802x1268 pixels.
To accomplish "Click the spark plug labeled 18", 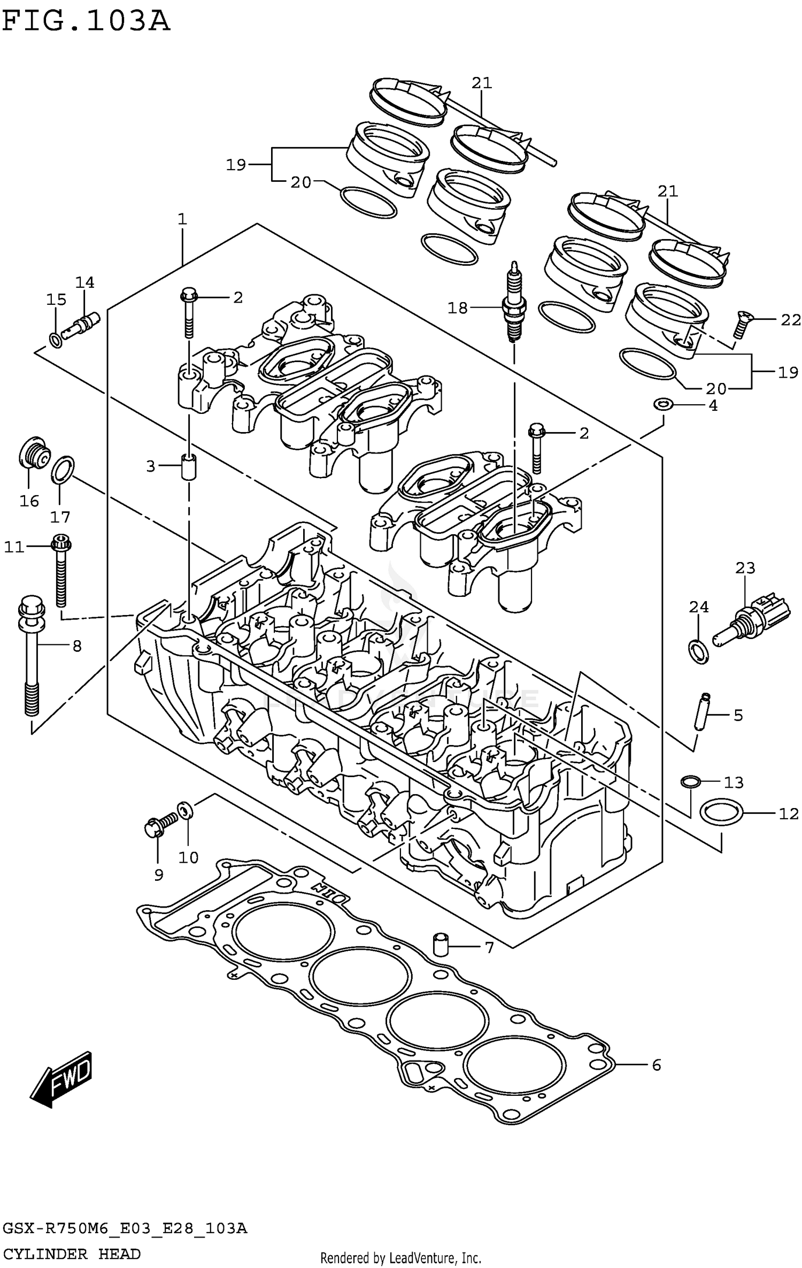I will point(514,305).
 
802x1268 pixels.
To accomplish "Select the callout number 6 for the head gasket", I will point(657,1065).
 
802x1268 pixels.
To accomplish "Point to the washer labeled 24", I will point(698,650).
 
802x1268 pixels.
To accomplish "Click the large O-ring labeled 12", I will point(721,813).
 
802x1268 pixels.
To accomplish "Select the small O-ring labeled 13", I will point(690,782).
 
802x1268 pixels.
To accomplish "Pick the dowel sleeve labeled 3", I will point(188,466).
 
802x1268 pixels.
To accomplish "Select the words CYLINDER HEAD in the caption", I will point(71,1254).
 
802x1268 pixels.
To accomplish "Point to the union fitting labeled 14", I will point(81,325).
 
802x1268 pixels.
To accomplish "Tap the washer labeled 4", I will point(663,404).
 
